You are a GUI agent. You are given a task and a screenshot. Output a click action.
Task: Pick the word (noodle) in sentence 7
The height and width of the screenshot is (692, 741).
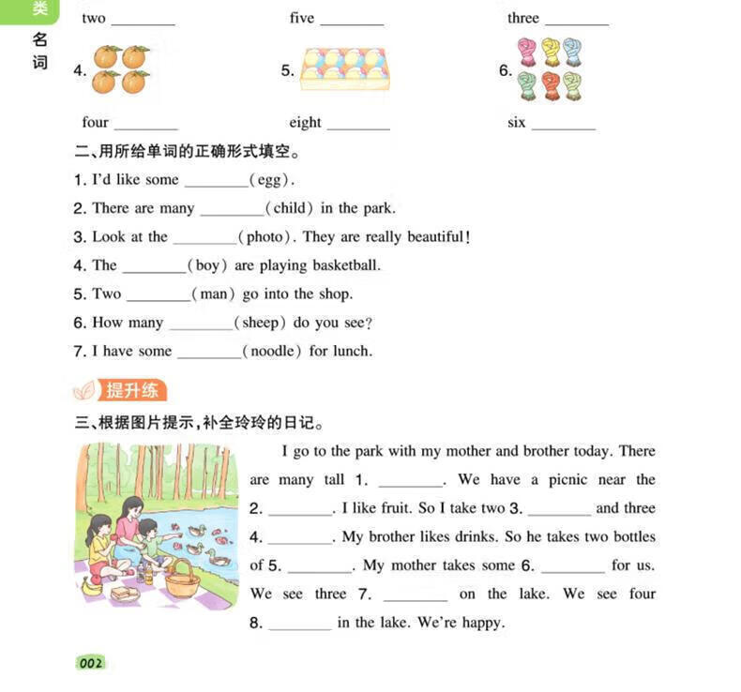272,351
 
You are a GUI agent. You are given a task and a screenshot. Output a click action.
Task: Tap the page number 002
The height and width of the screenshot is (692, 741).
91,664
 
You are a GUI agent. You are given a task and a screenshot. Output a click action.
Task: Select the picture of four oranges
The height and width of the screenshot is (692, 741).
120,69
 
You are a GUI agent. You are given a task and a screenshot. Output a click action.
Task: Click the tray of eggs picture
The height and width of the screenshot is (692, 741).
344,69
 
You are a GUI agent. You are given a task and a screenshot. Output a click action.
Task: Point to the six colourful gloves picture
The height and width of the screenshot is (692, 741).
550,69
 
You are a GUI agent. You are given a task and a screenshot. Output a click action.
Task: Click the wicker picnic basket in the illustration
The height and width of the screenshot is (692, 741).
181,579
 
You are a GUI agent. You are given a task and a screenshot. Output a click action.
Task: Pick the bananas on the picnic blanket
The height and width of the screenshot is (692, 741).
92,587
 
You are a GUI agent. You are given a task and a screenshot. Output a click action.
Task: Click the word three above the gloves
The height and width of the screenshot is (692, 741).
523,18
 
